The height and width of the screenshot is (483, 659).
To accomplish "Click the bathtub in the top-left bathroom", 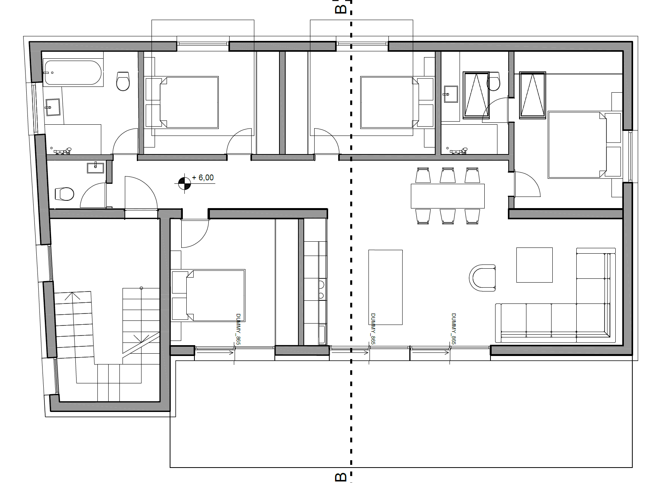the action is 73,73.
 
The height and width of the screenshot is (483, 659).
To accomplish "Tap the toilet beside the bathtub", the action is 123,81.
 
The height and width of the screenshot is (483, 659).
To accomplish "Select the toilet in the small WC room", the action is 65,194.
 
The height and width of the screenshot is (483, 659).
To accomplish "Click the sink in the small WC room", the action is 95,168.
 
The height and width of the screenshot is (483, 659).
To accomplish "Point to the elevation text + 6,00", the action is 203,178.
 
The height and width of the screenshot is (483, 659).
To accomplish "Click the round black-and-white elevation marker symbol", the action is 184,183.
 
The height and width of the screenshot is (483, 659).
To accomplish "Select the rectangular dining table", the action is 448,196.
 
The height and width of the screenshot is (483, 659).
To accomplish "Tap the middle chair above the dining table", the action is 448,175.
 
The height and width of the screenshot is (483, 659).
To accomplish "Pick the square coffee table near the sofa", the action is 535,265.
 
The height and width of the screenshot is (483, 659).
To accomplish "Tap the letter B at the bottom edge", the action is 341,477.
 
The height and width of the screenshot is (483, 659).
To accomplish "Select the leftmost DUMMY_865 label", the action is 238,329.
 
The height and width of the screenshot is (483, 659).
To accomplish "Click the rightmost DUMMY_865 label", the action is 453,329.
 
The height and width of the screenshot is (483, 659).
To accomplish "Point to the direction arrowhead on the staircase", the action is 72,295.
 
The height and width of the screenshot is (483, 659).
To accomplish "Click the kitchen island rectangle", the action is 385,287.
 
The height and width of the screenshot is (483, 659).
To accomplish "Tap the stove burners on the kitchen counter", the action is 321,290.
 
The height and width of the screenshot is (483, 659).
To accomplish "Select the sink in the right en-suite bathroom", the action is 451,94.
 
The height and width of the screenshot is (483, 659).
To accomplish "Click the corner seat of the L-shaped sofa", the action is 595,322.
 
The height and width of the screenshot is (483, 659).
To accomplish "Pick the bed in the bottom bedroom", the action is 208,295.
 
